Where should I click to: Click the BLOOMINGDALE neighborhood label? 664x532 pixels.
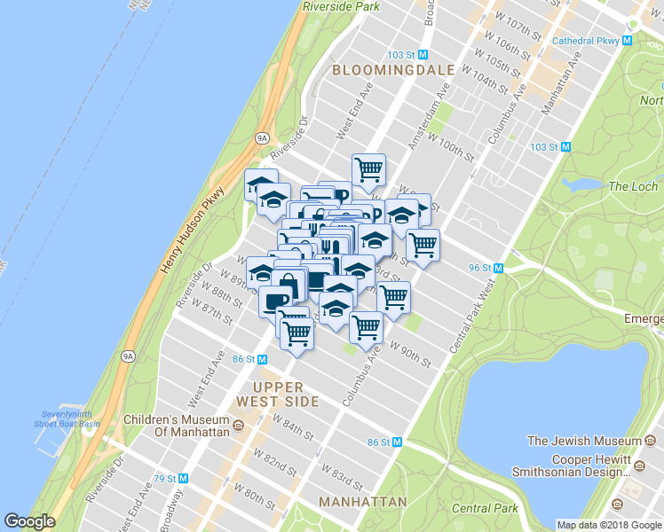[392, 69]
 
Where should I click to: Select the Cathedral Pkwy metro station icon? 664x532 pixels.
[627, 40]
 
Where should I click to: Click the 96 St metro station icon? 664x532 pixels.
[498, 268]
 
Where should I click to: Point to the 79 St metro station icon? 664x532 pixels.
[183, 478]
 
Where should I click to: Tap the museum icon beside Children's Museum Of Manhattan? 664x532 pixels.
[238, 426]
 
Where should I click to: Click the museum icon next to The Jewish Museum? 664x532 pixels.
[648, 441]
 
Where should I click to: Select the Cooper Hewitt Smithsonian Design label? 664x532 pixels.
[575, 465]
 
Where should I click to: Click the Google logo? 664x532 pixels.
[29, 521]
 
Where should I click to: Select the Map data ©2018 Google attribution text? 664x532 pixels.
[609, 525]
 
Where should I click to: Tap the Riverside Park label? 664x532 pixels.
[341, 5]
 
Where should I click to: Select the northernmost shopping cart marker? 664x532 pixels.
[368, 167]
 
